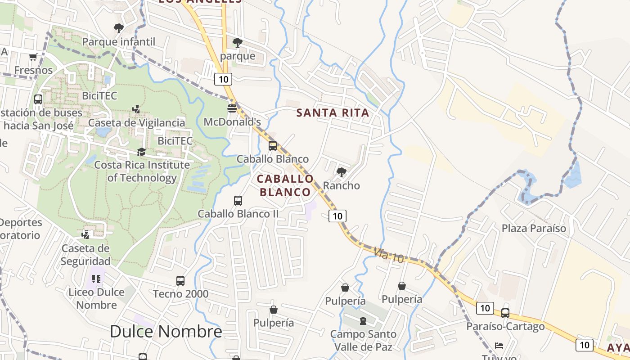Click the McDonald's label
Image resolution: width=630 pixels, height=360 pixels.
pos(232,122)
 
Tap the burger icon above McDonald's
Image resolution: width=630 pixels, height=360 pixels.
pos(232,108)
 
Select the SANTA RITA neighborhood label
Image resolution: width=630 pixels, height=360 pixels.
pos(333,113)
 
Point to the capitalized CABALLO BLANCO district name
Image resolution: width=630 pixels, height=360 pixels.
pos(285,185)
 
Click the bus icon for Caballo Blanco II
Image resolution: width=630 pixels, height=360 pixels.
pos(238,200)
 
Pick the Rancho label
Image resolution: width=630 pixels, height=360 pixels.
pos(342,185)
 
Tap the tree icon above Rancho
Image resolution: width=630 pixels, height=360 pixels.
pos(342,172)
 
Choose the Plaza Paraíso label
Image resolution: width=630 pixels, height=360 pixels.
pos(534,228)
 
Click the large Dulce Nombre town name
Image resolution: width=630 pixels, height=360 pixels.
pos(166,332)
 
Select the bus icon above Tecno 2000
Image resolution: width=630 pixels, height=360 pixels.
pos(180,281)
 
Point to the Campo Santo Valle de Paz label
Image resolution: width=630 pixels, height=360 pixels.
pos(363,341)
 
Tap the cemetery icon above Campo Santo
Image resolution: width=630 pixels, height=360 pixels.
pos(363,321)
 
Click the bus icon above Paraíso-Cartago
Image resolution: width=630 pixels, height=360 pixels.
pos(505,313)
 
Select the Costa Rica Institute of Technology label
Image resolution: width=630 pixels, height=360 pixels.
pos(142,171)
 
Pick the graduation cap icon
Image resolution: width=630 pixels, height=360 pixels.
pos(142,152)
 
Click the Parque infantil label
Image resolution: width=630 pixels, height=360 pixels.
pos(119,42)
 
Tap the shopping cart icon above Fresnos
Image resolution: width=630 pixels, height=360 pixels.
pos(33,57)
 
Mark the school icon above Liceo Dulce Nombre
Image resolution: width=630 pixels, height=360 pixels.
pos(96,279)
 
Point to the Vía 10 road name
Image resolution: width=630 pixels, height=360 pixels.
pos(389,255)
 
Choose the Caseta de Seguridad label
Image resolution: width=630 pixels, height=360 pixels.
pos(85,255)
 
